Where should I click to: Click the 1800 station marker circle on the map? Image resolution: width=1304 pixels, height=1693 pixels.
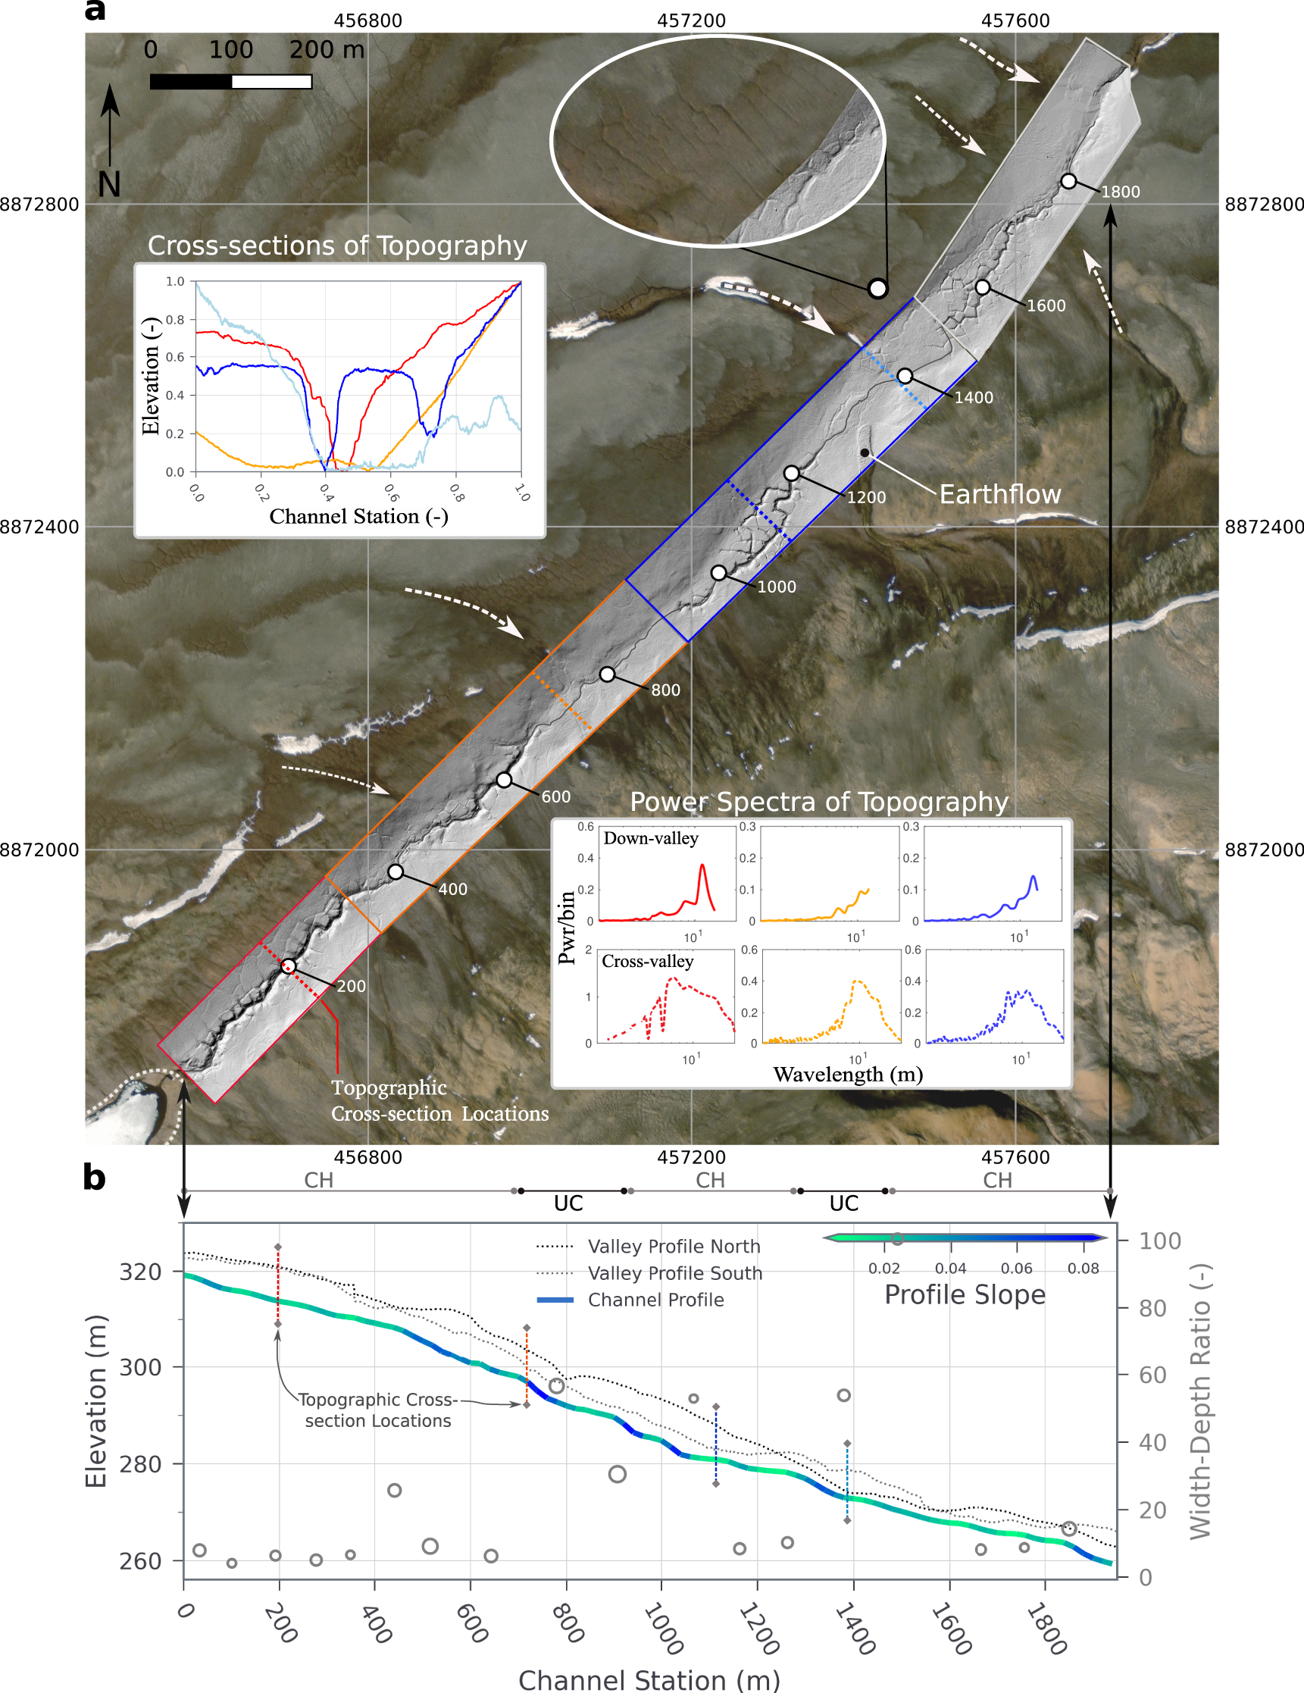point(1068,180)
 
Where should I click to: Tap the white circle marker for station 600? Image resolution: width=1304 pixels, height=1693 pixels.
point(504,779)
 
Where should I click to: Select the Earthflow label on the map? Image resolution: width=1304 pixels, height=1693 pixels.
point(999,494)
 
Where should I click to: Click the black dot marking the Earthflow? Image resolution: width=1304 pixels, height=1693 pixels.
point(865,452)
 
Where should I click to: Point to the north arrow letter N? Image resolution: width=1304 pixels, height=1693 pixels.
point(109,184)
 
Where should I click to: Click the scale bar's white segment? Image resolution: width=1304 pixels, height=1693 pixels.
point(271,81)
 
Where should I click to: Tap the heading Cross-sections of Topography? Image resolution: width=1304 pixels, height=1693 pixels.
point(337,246)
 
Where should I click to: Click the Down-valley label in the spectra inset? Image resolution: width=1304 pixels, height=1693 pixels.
point(650,838)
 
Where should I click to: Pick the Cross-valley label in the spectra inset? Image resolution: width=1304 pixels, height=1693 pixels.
point(647,961)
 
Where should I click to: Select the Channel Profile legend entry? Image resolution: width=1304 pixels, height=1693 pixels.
point(655,1300)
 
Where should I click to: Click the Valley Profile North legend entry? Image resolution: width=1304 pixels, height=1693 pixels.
point(673,1247)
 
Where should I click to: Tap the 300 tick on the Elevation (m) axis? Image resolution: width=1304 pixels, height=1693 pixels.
point(140,1367)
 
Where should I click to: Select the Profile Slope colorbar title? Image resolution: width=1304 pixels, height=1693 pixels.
point(965,1294)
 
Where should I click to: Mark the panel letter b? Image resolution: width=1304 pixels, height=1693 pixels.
point(94,1178)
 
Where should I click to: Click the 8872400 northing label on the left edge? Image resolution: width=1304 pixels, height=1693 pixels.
point(39,527)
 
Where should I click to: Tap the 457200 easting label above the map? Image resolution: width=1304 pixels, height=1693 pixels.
point(691,21)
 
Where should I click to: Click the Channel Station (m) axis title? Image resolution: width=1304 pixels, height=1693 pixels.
point(649,1680)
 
